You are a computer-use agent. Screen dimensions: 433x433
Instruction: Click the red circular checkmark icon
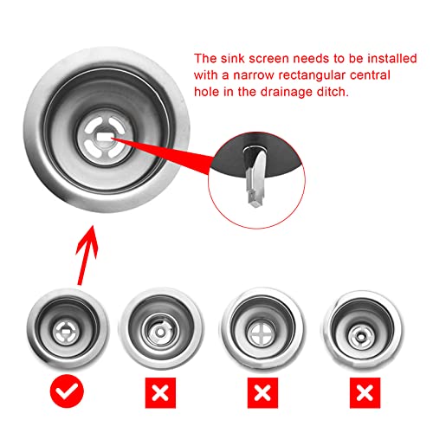(x=67, y=391)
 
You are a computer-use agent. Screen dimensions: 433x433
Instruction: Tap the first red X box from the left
(x=160, y=392)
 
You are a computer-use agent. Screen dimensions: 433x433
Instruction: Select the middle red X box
(x=262, y=392)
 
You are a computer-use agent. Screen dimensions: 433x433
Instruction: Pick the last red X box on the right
(x=365, y=392)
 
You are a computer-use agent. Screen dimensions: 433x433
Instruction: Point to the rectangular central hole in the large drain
(x=105, y=136)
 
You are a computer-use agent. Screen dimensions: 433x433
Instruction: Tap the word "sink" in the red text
(x=233, y=59)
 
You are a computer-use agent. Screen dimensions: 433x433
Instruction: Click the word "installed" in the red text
(x=392, y=59)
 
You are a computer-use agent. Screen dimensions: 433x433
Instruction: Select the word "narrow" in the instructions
(x=254, y=75)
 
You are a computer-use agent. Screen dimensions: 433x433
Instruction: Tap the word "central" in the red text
(x=370, y=75)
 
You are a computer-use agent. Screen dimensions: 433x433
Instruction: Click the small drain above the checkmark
(x=68, y=329)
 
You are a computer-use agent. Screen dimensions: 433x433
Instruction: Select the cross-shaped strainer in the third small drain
(x=261, y=333)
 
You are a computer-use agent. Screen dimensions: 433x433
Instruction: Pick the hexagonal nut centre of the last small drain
(x=360, y=335)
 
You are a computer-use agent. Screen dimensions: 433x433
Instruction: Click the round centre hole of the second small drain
(x=160, y=333)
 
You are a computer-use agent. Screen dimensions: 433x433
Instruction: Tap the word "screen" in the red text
(x=268, y=59)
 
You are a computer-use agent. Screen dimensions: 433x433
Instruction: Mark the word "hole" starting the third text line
(x=206, y=92)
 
